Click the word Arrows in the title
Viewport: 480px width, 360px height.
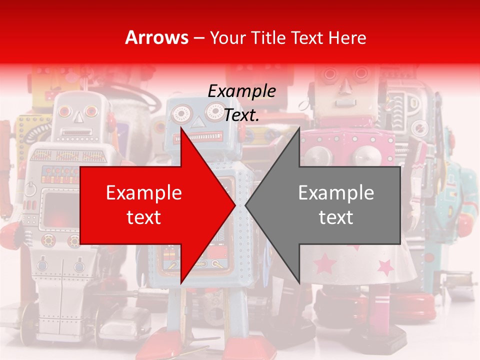click(x=157, y=37)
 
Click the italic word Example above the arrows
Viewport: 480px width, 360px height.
click(x=241, y=91)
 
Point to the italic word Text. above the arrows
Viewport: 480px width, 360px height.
click(x=241, y=115)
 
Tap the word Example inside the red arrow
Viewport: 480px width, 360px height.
click(x=144, y=192)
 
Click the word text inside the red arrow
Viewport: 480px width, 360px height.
click(x=144, y=217)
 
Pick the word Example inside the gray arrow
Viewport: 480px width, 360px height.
click(x=336, y=192)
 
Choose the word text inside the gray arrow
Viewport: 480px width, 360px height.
click(x=336, y=217)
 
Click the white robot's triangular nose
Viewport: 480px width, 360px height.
click(x=77, y=117)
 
